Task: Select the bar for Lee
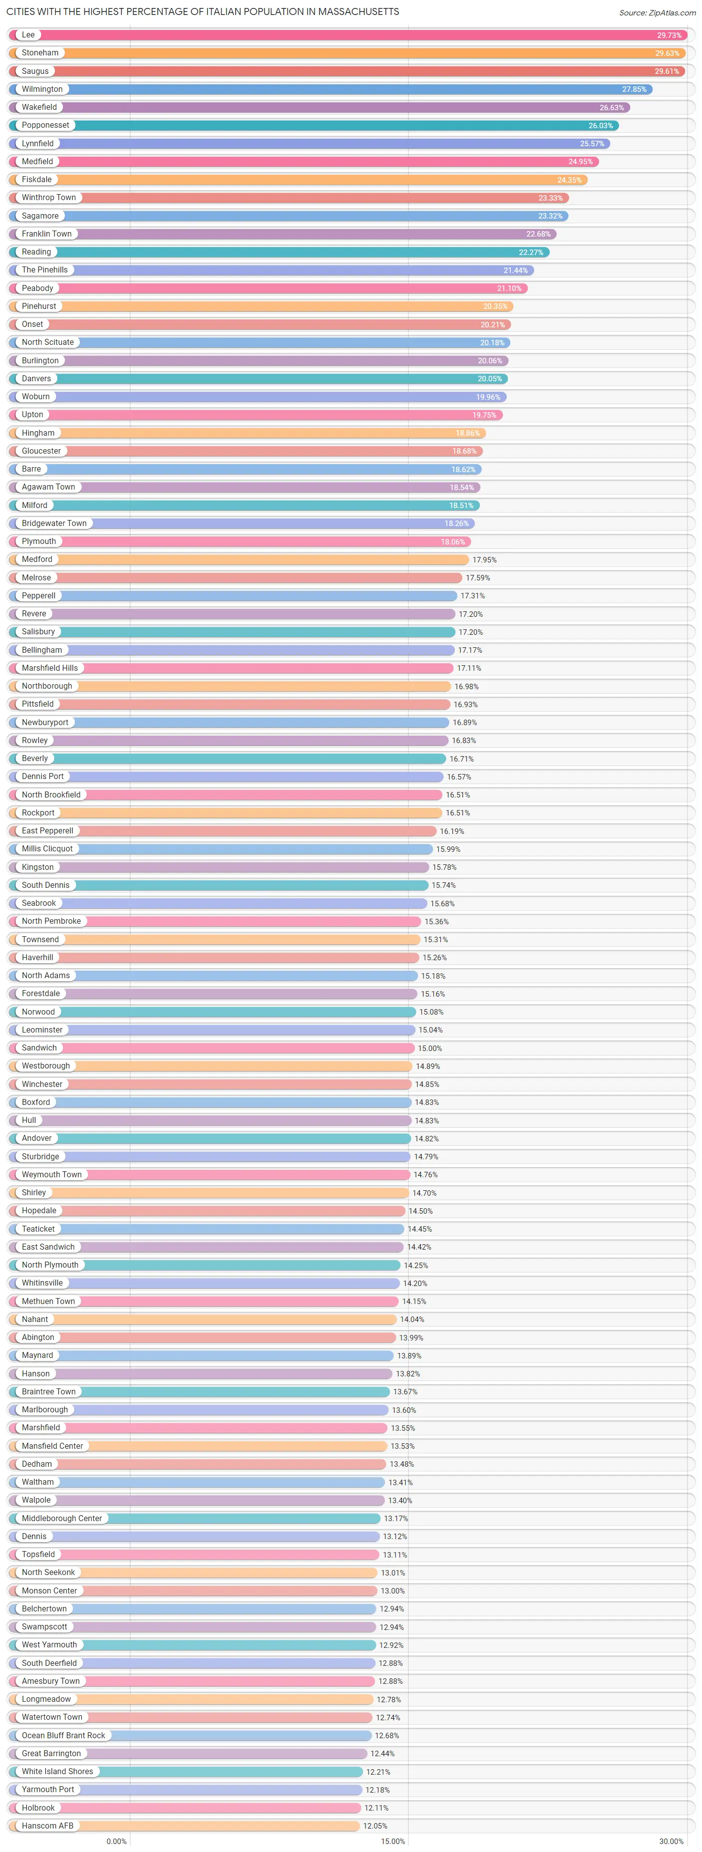coord(345,34)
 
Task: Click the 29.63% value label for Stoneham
coord(666,53)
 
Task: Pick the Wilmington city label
coord(42,89)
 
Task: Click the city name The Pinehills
coord(44,269)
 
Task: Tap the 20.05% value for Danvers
coord(489,379)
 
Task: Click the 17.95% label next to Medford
coord(484,559)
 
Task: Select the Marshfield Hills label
coord(49,668)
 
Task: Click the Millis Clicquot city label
coord(47,848)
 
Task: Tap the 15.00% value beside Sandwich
coord(429,1048)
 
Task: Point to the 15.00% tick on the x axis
coord(393,1841)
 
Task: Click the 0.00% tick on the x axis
coord(116,1841)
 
